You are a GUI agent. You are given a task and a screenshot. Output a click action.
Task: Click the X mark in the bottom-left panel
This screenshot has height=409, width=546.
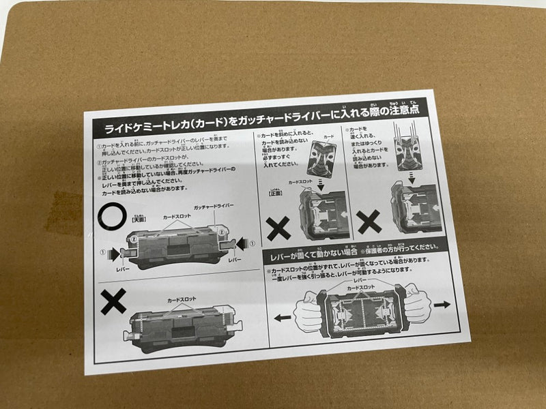click(x=113, y=301)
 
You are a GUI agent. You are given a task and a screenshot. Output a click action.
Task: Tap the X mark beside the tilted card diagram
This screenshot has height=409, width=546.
click(x=278, y=227)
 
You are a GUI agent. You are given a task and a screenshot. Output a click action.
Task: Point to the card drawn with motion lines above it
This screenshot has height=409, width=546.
click(x=411, y=150)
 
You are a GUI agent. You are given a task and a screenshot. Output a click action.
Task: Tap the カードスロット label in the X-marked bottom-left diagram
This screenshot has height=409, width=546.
click(x=182, y=299)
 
